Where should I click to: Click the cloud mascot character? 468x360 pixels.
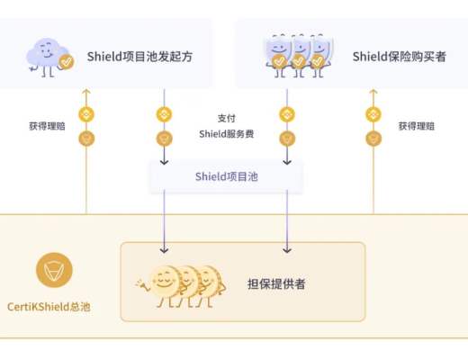[49, 56]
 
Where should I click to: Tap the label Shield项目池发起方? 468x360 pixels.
[139, 57]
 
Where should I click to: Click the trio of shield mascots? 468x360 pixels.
[294, 53]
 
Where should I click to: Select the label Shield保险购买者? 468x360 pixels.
[399, 57]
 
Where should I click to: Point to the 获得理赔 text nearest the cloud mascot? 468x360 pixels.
[46, 126]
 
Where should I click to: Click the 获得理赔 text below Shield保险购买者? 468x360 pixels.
[417, 126]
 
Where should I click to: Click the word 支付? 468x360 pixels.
[226, 118]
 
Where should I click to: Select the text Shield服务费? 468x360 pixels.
[226, 134]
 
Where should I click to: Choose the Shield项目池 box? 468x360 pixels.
[226, 176]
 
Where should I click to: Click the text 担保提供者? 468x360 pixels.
[275, 283]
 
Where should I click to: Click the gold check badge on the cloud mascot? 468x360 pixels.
[65, 61]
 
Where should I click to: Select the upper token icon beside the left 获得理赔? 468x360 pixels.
[86, 114]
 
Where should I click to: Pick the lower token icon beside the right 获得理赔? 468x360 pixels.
[371, 139]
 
